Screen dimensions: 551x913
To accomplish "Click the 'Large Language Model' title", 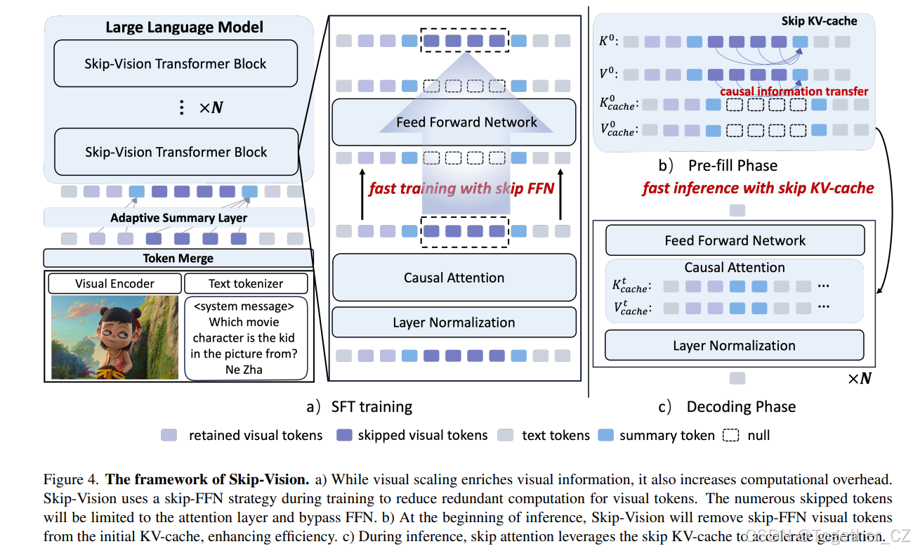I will (x=184, y=27).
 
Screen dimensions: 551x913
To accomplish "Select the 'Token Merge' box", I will (x=178, y=258).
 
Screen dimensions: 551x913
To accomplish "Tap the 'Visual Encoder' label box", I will (x=114, y=284).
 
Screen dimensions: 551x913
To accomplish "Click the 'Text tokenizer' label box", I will (x=246, y=284).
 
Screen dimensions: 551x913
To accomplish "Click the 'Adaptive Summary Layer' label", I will (x=178, y=218).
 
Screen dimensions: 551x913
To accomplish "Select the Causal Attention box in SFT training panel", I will (x=454, y=278).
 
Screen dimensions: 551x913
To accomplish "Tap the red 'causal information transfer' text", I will (x=794, y=91).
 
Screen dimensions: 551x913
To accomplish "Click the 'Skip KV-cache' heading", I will (x=819, y=21).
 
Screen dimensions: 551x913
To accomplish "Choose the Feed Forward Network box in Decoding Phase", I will (x=735, y=240).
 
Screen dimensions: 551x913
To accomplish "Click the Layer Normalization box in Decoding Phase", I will (x=734, y=346).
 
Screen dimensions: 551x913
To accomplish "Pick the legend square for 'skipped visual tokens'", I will (x=345, y=435).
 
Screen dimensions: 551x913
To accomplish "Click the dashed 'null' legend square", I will (x=731, y=435).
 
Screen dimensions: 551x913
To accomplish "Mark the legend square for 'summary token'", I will (x=605, y=435).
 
